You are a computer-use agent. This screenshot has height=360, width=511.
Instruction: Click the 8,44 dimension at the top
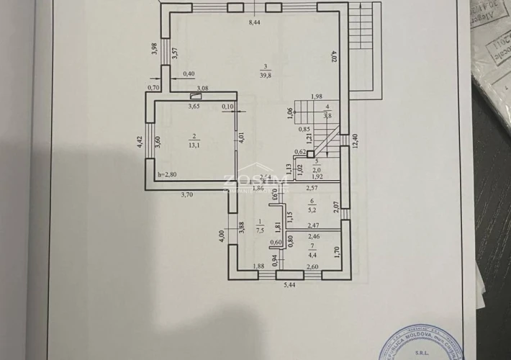coord(256,22)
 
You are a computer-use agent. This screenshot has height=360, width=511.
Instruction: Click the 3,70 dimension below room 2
coord(187,194)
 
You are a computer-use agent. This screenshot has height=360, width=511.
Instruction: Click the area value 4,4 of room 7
coord(312,254)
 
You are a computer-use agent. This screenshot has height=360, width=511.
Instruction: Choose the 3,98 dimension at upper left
coord(155,50)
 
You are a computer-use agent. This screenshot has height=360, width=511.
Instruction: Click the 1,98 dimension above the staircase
coord(316,97)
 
